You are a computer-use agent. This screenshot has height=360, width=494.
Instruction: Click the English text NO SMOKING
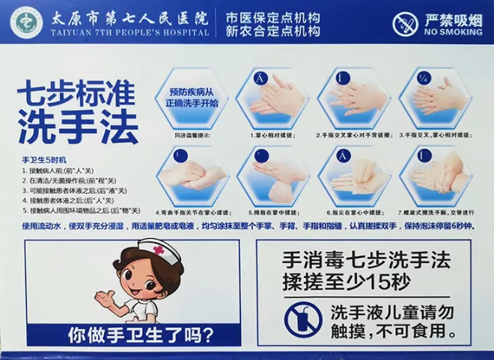(x=453, y=32)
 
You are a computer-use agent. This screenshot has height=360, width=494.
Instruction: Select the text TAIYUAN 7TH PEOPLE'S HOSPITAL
(x=129, y=33)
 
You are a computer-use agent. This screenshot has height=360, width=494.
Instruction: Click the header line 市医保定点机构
(x=273, y=15)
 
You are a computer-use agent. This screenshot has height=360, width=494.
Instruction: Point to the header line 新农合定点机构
(x=273, y=31)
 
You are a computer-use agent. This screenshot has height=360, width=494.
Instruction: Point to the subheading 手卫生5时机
(x=44, y=160)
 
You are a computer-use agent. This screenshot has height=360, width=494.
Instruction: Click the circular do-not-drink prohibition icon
(x=303, y=319)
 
